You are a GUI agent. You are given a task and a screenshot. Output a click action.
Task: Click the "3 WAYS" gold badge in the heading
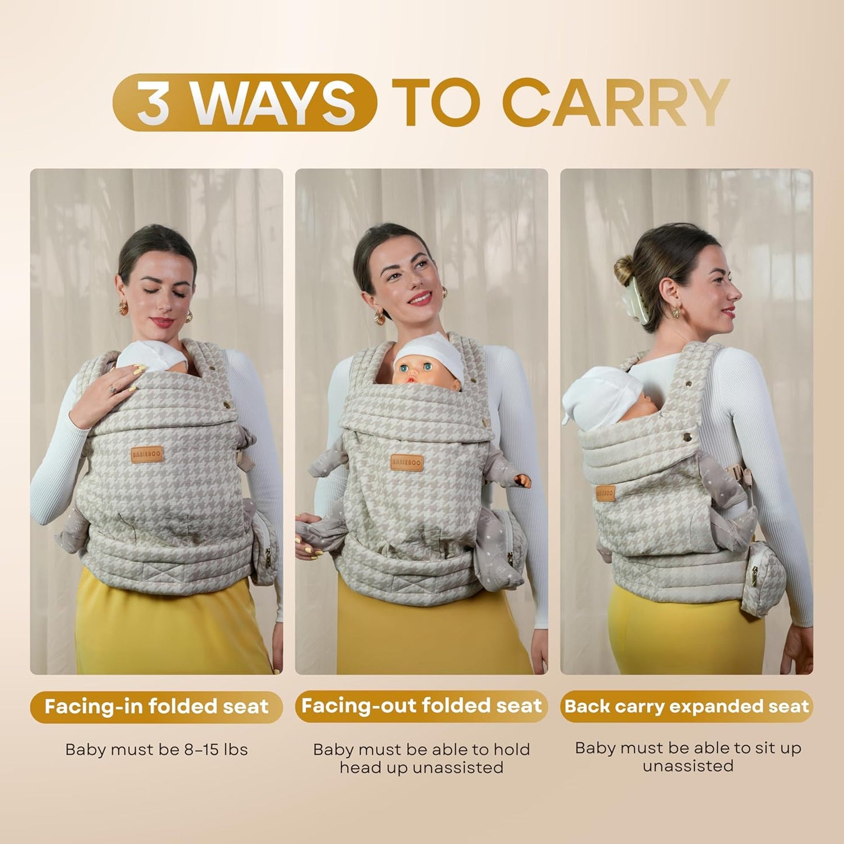pyautogui.click(x=245, y=102)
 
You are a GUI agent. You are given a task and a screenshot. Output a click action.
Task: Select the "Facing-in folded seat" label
pyautogui.click(x=157, y=707)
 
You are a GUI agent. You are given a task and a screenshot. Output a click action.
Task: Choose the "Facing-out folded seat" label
pyautogui.click(x=421, y=706)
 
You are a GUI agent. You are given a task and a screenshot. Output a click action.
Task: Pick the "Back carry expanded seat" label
pyautogui.click(x=687, y=707)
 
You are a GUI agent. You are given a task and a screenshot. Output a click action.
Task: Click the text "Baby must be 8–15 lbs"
pyautogui.click(x=157, y=749)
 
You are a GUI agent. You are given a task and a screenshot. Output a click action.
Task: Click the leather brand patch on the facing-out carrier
pyautogui.click(x=407, y=463)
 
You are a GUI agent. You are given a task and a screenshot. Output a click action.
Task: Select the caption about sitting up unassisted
pyautogui.click(x=687, y=756)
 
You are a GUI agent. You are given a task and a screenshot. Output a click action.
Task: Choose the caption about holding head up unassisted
pyautogui.click(x=421, y=758)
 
